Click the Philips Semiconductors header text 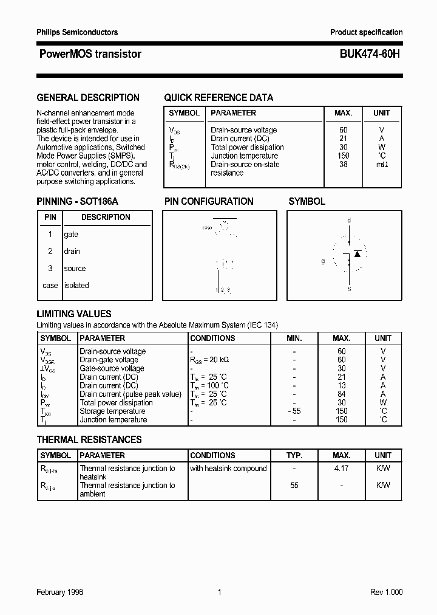77,32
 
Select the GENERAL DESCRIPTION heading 88,97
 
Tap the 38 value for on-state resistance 344,164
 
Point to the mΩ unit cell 382,164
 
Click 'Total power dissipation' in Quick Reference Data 247,147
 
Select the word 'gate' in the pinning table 71,234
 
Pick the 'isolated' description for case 76,285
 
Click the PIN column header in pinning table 50,217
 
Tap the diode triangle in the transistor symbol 357,253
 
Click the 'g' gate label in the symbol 323,261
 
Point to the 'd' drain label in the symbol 349,220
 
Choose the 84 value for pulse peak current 342,394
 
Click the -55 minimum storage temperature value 294,411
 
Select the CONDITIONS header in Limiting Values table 212,338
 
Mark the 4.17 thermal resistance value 342,468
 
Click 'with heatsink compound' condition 228,468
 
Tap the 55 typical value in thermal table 294,485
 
